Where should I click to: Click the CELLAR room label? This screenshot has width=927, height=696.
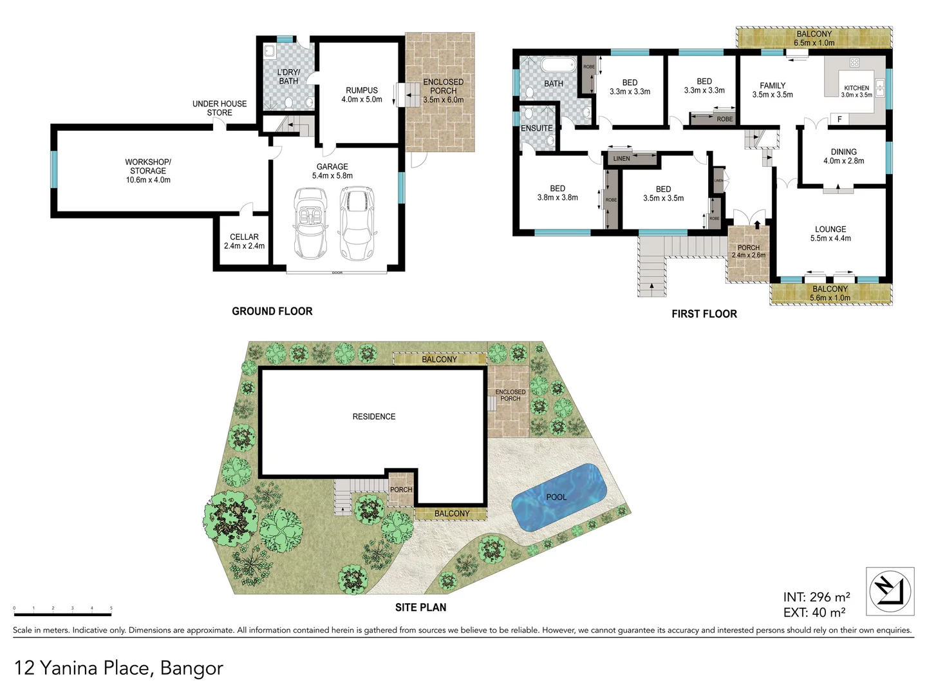[244, 237]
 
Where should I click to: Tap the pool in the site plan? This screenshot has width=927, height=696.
[559, 497]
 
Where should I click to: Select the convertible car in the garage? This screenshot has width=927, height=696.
[310, 222]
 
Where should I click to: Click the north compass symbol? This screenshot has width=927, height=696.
[890, 591]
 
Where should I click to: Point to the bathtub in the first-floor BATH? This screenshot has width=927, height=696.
[558, 65]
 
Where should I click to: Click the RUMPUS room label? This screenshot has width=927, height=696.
[362, 91]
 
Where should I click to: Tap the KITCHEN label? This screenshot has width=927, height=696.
[856, 88]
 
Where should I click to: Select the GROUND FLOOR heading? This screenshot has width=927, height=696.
[272, 311]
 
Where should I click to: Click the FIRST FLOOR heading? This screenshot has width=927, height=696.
[704, 314]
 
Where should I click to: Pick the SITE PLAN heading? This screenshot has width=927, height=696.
[420, 607]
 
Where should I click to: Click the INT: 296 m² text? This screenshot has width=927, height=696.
[816, 597]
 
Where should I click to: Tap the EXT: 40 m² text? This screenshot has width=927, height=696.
[814, 612]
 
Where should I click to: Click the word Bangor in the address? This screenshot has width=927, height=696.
[192, 668]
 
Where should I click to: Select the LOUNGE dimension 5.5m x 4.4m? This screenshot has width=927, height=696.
[830, 238]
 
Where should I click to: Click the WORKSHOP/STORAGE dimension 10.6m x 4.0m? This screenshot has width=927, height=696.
[148, 180]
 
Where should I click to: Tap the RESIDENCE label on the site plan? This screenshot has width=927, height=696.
[374, 417]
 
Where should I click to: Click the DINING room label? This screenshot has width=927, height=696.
[843, 152]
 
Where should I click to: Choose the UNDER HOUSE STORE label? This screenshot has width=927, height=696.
[220, 108]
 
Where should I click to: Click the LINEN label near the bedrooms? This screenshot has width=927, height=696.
[622, 159]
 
